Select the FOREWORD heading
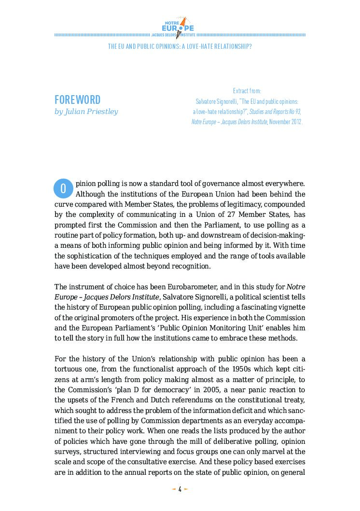77,100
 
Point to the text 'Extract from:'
247,91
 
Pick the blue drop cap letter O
63,188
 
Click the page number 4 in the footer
180,489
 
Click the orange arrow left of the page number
174,489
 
